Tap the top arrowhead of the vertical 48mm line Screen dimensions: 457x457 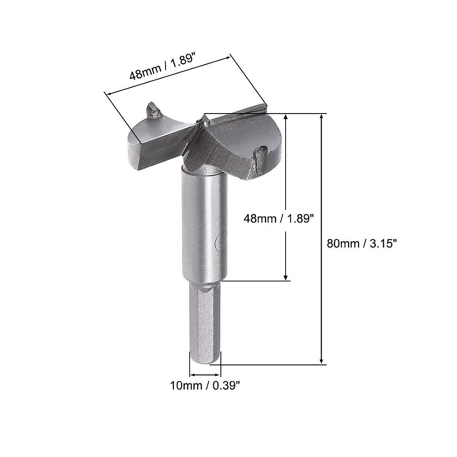[x=286, y=117]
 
